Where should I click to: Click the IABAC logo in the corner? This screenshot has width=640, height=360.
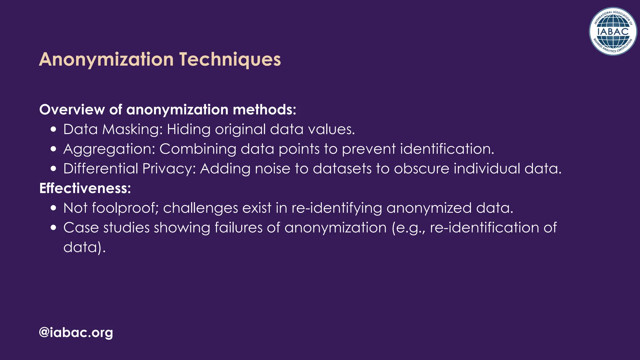pos(613,31)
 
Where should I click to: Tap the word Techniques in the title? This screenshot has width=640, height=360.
pos(230,59)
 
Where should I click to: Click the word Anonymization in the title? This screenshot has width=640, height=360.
pos(106,59)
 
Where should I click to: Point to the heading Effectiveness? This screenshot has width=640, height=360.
pos(85,188)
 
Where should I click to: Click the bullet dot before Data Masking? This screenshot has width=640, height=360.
pos(53,130)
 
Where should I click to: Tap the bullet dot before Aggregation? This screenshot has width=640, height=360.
pos(53,149)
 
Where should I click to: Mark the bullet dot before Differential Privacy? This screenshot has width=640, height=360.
pos(53,169)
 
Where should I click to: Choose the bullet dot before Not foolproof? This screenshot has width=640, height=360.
pos(53,208)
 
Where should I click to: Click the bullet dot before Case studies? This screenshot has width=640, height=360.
pos(53,228)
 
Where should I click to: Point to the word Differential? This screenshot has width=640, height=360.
pos(101,169)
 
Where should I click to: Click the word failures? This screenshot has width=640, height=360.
pos(238,227)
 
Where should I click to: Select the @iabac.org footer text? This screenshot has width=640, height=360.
pos(76,332)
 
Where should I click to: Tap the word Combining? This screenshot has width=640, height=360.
pos(198,149)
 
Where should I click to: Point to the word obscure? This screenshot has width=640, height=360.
pos(422,169)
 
